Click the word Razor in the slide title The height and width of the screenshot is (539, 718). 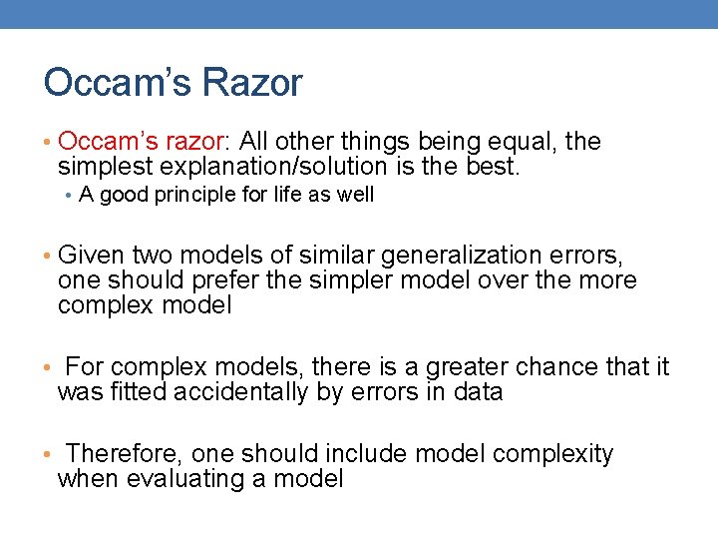pyautogui.click(x=249, y=83)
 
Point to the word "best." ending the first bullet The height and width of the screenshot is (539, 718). pyautogui.click(x=493, y=166)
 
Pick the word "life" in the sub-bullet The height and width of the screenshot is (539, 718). pyautogui.click(x=285, y=195)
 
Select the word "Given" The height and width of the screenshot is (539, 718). pyautogui.click(x=91, y=257)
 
